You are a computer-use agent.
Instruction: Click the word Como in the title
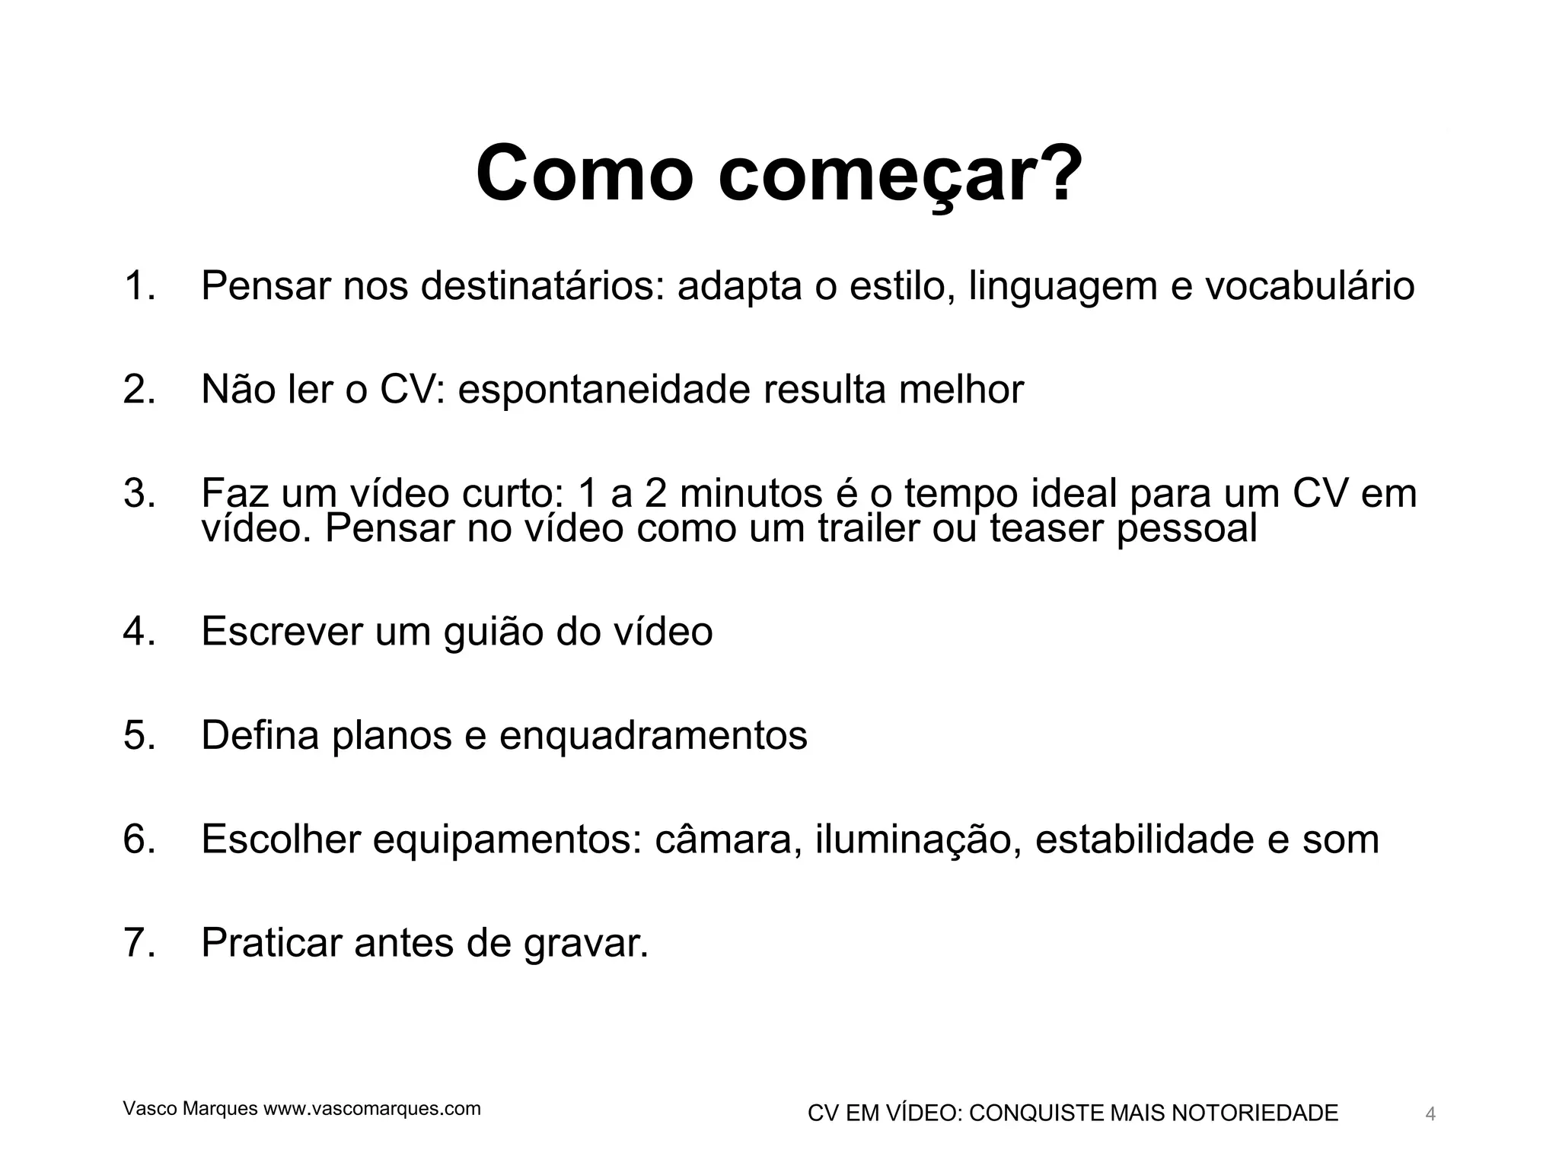[585, 174]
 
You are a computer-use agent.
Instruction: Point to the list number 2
[139, 390]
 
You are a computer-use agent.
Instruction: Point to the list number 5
[139, 735]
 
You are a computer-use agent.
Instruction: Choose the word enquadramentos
[653, 735]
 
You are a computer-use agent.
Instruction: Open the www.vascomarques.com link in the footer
[372, 1109]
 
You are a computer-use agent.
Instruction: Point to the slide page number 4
[1430, 1115]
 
